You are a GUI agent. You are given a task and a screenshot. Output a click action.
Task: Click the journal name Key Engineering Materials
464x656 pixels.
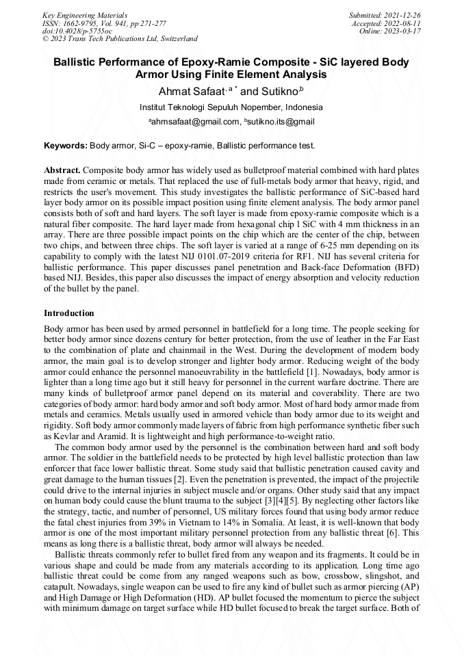coord(85,14)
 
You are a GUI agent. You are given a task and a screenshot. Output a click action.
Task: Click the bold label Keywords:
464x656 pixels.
coord(66,146)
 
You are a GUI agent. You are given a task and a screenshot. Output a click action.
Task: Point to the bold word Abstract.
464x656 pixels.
coord(62,169)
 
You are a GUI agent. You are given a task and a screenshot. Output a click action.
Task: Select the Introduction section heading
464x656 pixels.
coord(69,313)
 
